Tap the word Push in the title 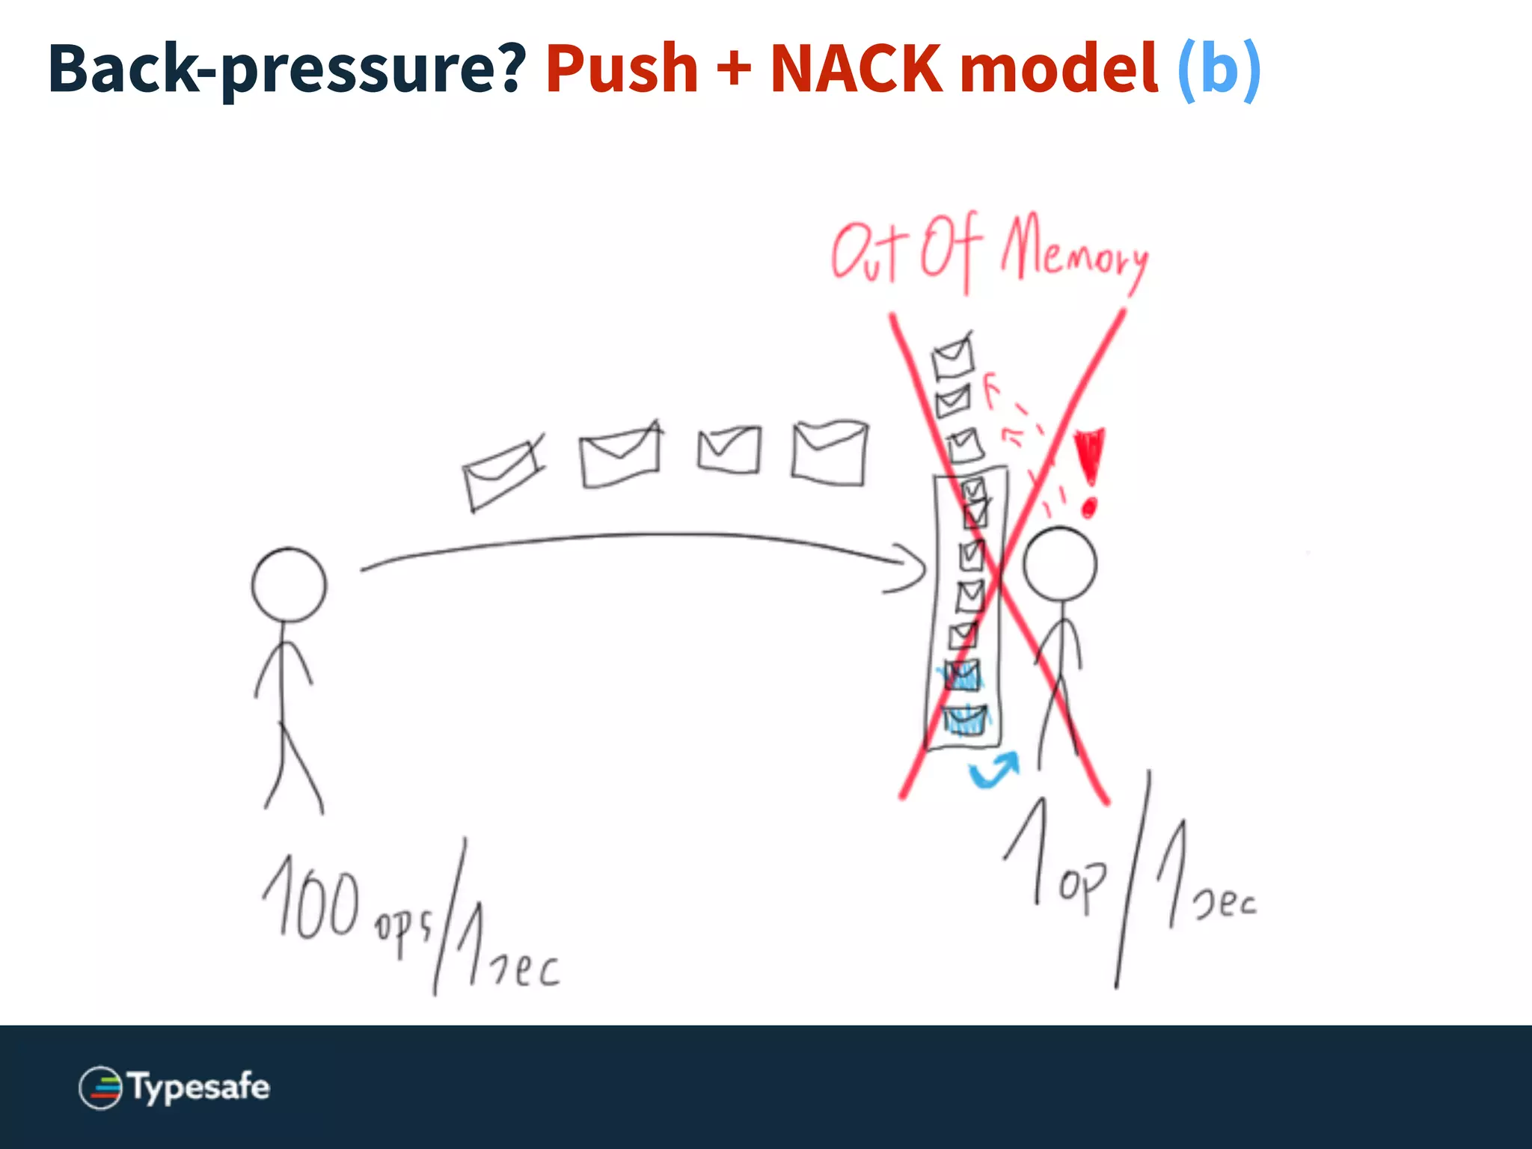point(622,69)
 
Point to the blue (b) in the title point(1219,69)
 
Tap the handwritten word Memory point(1074,250)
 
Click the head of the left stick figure point(289,585)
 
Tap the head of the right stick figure point(1059,564)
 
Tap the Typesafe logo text point(199,1087)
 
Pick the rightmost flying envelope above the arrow point(830,453)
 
